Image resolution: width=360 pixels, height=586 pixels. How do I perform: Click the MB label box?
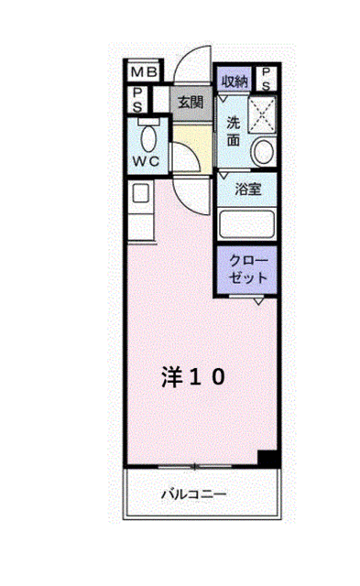pyautogui.click(x=143, y=71)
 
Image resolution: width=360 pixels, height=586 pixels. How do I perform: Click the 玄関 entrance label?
pyautogui.click(x=190, y=102)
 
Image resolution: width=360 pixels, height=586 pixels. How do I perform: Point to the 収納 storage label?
pyautogui.click(x=235, y=81)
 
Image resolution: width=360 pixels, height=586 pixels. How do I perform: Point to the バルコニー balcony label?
pyautogui.click(x=194, y=494)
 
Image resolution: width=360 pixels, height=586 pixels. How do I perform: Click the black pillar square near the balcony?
pyautogui.click(x=267, y=458)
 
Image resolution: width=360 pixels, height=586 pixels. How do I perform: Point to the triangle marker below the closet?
pyautogui.click(x=260, y=300)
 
